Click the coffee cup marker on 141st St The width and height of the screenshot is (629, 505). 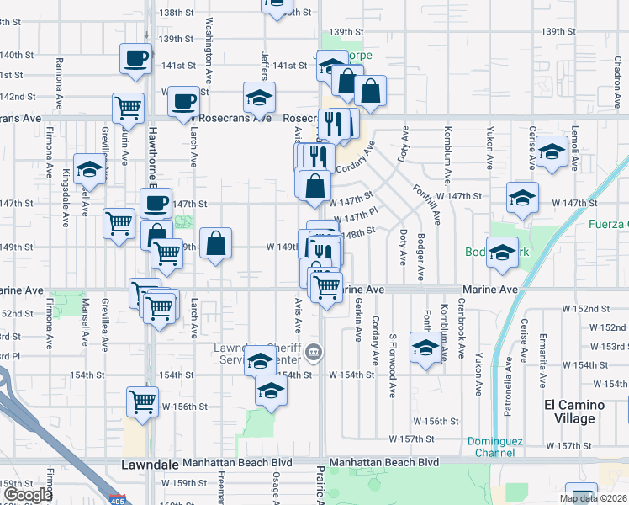[135, 59]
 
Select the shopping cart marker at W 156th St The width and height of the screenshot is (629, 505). [143, 401]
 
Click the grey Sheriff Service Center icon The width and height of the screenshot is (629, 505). [314, 352]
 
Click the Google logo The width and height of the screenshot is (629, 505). [28, 495]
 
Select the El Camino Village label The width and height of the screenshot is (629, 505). [580, 412]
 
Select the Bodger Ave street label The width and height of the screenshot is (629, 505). [420, 256]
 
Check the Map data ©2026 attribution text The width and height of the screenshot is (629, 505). [593, 498]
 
